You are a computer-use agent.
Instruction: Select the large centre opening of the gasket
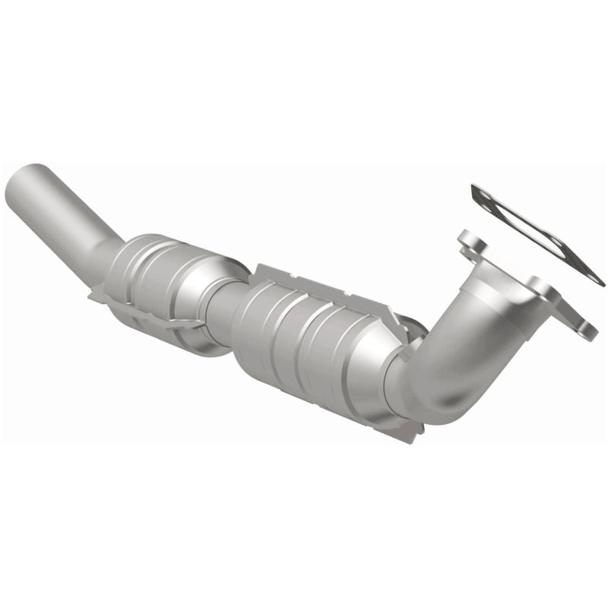tap(536, 228)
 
